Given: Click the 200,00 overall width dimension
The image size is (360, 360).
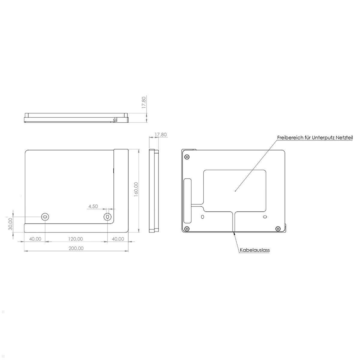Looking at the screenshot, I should [x=76, y=248].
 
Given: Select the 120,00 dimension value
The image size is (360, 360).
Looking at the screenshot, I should [x=75, y=239].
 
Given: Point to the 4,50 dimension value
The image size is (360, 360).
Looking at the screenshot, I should [x=93, y=206].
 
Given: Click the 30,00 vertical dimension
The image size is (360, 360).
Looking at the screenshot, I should [x=10, y=224].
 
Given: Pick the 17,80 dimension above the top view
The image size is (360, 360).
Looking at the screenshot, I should [x=144, y=103].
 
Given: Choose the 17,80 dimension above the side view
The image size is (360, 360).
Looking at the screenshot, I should [x=160, y=135].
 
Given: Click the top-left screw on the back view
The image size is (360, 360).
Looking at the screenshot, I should [x=187, y=157].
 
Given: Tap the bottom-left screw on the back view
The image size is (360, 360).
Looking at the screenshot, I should [x=187, y=229].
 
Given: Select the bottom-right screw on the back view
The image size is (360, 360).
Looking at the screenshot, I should [x=277, y=229].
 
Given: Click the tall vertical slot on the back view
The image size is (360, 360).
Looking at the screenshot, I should [x=187, y=201].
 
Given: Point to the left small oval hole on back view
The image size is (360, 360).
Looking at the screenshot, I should [x=202, y=217].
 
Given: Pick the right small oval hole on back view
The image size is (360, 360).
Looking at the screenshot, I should [x=265, y=217].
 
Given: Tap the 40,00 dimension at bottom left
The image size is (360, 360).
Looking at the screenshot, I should [x=35, y=239].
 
